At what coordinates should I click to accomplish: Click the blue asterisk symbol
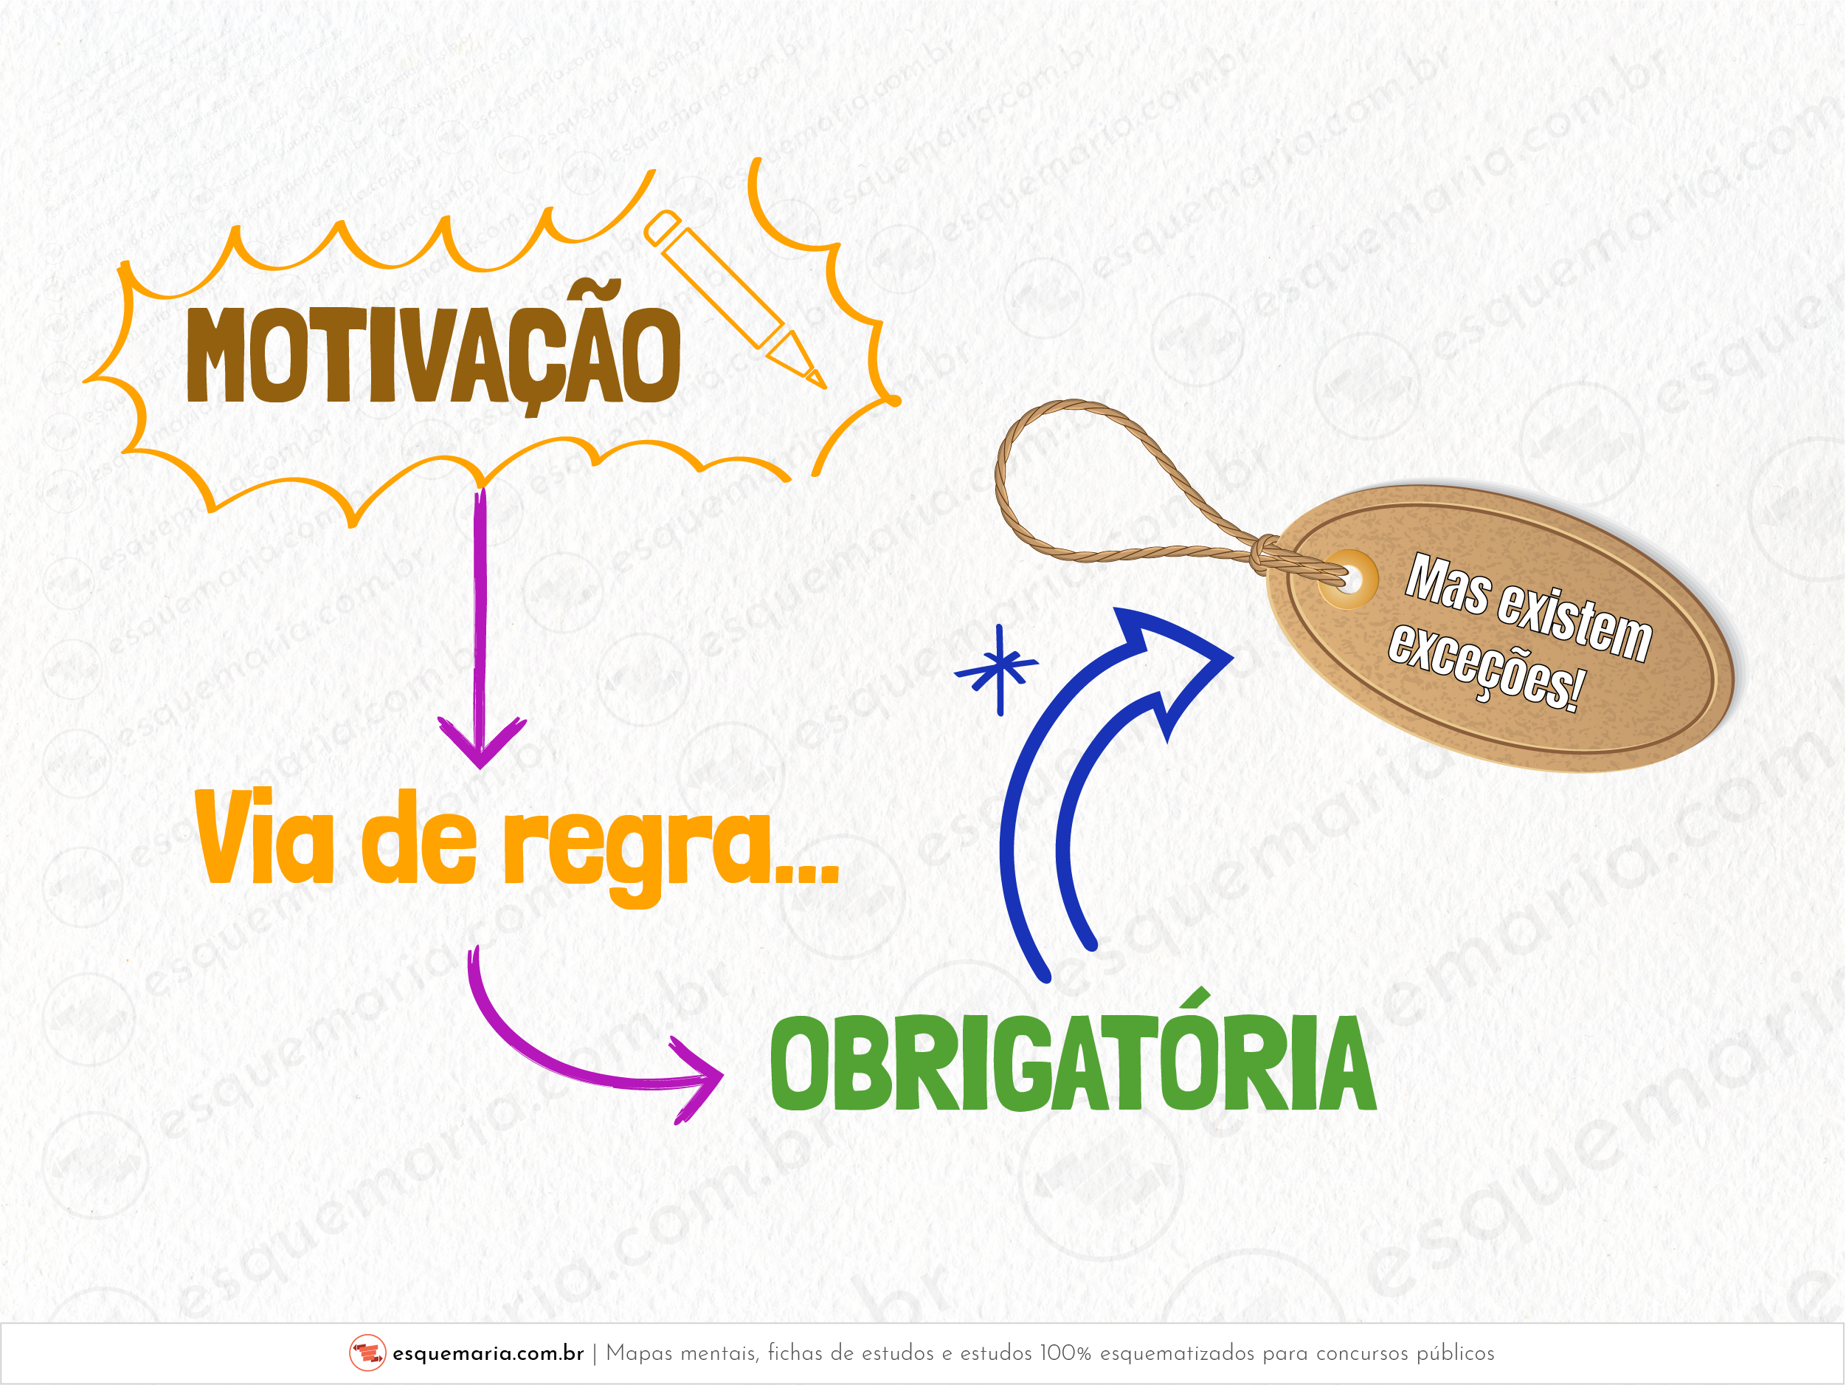click(998, 669)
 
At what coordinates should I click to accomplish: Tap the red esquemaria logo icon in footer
click(367, 1353)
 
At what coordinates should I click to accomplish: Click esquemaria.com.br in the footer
click(488, 1353)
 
